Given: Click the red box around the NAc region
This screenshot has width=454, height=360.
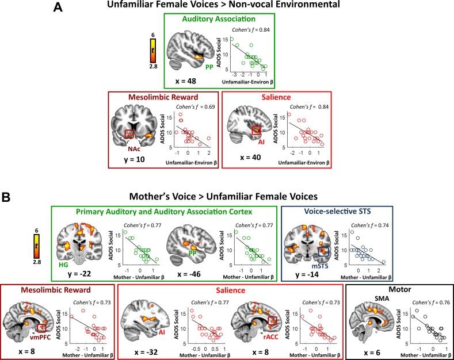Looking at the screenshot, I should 130,135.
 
